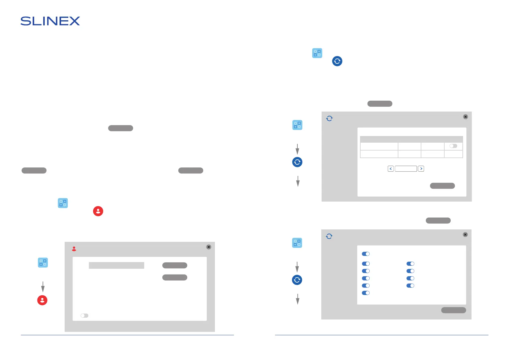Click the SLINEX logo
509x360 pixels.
click(50, 21)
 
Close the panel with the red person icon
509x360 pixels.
click(209, 247)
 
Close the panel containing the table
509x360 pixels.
click(465, 117)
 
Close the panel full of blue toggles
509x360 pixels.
click(465, 235)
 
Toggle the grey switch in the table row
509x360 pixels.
click(453, 146)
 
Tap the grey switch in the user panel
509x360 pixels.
click(84, 316)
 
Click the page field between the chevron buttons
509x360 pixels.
click(406, 169)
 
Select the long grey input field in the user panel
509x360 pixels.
click(116, 265)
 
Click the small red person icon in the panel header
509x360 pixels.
click(74, 249)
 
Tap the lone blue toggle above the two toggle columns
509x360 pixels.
click(366, 254)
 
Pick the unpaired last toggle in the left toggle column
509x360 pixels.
click(366, 293)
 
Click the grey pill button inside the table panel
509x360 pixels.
click(442, 186)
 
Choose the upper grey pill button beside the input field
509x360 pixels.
click(175, 265)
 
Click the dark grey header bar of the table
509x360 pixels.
click(411, 139)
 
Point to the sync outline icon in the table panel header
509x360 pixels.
click(329, 118)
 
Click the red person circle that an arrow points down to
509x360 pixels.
click(42, 300)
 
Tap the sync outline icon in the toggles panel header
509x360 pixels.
click(329, 236)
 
